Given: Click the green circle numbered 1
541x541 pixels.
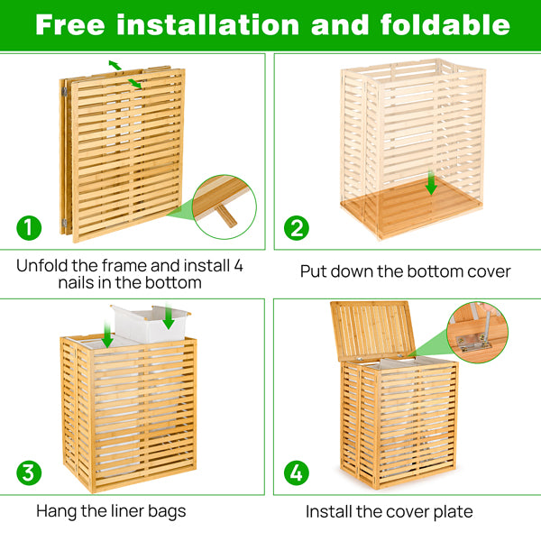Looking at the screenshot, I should click(x=29, y=228).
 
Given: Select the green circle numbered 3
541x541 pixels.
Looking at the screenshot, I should click(x=29, y=472).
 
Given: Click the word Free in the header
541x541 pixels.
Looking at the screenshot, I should click(x=72, y=24).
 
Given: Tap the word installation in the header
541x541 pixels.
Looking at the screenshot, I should click(x=211, y=24).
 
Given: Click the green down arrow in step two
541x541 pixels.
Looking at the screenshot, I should click(x=431, y=185).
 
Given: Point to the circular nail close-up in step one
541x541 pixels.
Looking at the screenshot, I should click(x=224, y=206).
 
